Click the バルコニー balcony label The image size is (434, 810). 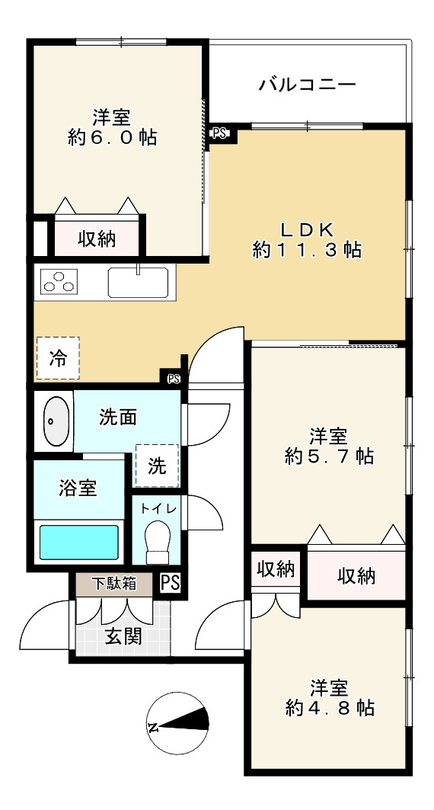click(x=308, y=84)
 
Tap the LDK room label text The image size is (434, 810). click(x=308, y=228)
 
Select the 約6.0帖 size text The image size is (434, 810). click(x=112, y=137)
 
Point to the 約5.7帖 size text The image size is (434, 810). click(x=329, y=456)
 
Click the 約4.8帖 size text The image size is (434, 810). click(x=329, y=707)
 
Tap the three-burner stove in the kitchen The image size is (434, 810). click(x=59, y=281)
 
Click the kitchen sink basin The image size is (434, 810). click(x=139, y=283)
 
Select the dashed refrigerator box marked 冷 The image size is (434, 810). click(x=58, y=358)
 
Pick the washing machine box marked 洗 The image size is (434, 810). click(x=157, y=466)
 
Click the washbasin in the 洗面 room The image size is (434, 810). click(x=56, y=421)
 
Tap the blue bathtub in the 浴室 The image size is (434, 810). click(x=79, y=542)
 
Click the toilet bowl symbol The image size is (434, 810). click(x=158, y=542)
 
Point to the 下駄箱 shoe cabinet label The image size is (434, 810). click(x=114, y=584)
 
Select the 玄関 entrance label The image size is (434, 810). click(x=123, y=636)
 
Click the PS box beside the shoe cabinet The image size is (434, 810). click(x=170, y=583)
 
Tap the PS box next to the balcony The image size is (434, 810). click(x=219, y=133)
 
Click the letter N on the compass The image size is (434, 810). click(x=153, y=728)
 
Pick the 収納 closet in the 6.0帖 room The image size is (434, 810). click(x=97, y=239)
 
